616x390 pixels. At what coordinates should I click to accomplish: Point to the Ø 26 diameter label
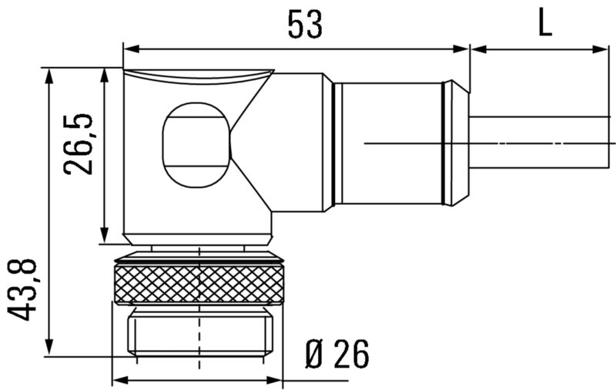[336, 354]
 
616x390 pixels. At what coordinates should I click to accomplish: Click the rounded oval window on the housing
[196, 144]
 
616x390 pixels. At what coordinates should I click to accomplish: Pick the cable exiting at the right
[539, 143]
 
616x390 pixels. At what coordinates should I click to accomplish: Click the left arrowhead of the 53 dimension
[129, 49]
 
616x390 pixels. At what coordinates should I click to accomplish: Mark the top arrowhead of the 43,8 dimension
[49, 75]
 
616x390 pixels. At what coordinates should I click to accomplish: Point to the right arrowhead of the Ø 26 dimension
[279, 380]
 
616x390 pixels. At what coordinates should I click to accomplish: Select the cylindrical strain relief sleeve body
[389, 143]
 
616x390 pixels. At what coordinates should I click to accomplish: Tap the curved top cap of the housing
[199, 76]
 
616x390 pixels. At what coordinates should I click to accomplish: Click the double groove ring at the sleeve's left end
[336, 143]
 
